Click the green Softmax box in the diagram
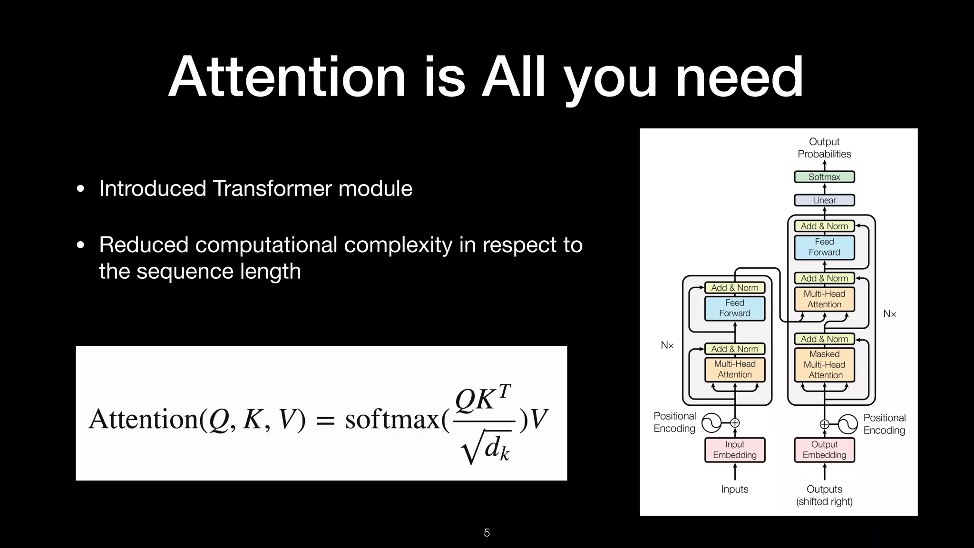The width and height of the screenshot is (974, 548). click(x=824, y=177)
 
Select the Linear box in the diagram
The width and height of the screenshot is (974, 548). click(x=824, y=200)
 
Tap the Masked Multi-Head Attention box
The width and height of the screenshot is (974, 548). click(x=824, y=365)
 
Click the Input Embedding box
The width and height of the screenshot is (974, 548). click(x=734, y=450)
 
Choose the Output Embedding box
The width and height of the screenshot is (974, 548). click(x=824, y=450)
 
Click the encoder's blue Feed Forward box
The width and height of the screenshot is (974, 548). click(x=734, y=308)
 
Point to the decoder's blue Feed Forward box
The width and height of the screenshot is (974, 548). click(x=824, y=247)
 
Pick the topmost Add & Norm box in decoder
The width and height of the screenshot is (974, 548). click(x=824, y=226)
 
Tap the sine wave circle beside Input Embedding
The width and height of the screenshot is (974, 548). click(x=711, y=422)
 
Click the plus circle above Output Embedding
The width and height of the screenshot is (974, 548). click(x=824, y=424)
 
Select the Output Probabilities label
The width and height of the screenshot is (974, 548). click(x=824, y=148)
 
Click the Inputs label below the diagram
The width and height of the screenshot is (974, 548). click(x=734, y=489)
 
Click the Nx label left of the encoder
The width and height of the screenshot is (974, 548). click(x=667, y=345)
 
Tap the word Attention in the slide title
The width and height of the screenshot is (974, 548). click(x=287, y=77)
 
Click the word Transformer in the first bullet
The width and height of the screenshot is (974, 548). click(x=272, y=188)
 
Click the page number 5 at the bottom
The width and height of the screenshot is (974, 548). click(x=487, y=533)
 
